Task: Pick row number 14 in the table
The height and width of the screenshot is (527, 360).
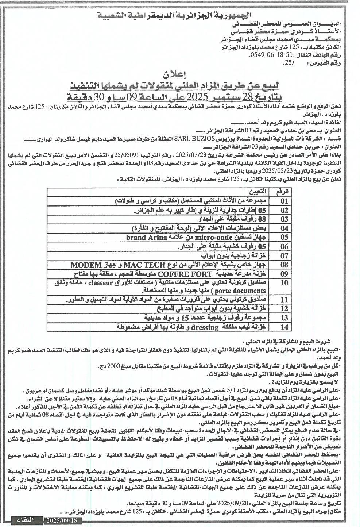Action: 284,327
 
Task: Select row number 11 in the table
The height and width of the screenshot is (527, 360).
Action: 284,300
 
